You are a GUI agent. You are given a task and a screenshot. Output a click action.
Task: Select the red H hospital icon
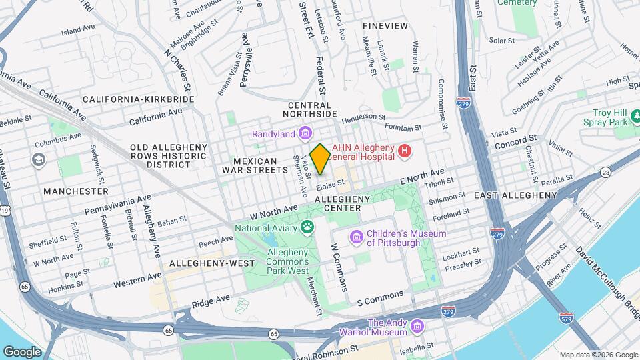(405, 153)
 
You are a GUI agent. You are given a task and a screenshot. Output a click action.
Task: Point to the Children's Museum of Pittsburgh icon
(356, 237)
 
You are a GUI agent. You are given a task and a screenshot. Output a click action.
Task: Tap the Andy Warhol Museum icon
(417, 327)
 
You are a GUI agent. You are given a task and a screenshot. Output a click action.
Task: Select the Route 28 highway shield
(605, 173)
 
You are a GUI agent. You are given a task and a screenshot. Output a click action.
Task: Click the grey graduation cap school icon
(38, 160)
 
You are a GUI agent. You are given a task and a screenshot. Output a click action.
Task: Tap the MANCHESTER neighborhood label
(75, 191)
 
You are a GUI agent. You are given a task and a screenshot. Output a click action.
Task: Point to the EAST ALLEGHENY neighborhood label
(515, 195)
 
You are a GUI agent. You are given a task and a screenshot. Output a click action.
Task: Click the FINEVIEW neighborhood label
(385, 25)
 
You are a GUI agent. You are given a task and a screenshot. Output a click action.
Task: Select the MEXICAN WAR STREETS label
(250, 166)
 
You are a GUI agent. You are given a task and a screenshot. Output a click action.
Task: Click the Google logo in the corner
(22, 351)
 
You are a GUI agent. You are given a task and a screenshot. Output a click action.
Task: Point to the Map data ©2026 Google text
(598, 355)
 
